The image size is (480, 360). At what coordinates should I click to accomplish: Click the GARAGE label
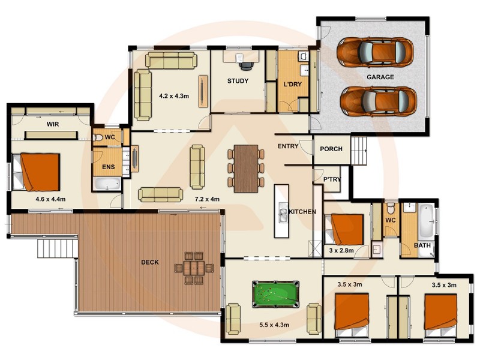click(380, 77)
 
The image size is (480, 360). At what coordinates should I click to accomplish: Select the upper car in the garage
click(375, 52)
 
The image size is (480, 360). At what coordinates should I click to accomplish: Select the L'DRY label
click(292, 84)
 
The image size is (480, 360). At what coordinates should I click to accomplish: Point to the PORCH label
click(331, 149)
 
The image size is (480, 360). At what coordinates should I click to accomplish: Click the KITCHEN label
click(302, 212)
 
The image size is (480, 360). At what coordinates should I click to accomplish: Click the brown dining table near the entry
click(245, 168)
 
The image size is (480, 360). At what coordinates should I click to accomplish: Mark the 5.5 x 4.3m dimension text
click(274, 325)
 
